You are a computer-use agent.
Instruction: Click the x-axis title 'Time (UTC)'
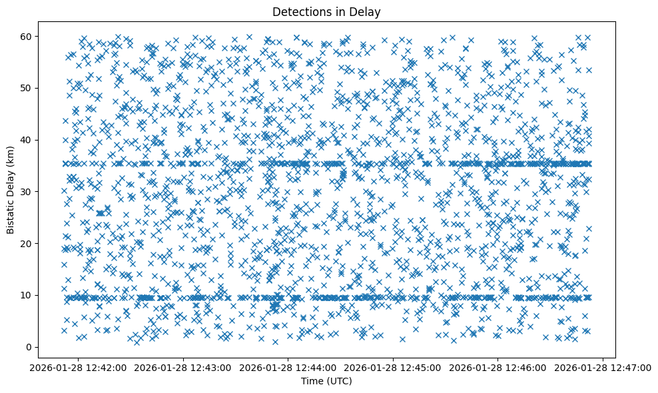326,382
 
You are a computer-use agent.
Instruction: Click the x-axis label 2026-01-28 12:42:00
78,367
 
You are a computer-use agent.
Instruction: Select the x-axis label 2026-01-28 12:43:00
183,367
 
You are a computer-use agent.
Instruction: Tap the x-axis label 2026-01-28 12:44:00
288,367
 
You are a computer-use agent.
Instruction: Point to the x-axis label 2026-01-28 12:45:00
393,367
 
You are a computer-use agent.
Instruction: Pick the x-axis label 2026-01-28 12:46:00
498,367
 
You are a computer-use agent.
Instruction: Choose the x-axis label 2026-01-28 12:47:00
603,367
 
